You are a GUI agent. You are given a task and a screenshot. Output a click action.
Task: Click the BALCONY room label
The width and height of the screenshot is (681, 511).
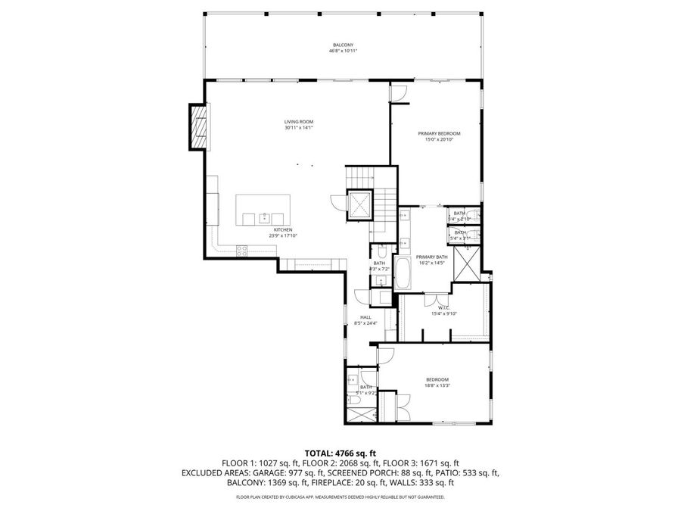coord(342,45)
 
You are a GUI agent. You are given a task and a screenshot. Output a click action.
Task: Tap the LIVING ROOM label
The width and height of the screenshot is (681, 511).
coord(299,122)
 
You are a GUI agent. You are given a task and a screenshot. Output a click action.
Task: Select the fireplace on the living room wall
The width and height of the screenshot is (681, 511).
coord(198,126)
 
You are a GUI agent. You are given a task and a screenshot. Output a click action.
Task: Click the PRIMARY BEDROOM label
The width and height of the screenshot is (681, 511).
coord(439,133)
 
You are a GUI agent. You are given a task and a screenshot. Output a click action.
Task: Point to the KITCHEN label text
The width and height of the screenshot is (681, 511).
coord(283,229)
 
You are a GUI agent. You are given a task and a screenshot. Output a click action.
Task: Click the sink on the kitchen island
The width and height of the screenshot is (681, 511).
coord(264,217)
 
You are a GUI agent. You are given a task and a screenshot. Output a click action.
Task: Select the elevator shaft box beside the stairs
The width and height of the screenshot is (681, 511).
coord(358,204)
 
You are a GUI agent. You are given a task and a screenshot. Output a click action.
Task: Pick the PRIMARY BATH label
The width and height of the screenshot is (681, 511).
coord(431,257)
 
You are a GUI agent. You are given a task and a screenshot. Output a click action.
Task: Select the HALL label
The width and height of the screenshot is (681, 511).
coord(365,317)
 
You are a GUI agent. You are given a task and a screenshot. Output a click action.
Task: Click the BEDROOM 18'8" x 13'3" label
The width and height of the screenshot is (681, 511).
coord(437,379)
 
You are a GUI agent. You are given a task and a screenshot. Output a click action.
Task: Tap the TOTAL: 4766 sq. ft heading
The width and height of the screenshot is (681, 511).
coord(340,453)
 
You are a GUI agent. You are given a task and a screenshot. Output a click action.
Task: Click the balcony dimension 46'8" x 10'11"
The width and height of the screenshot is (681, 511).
coord(342,51)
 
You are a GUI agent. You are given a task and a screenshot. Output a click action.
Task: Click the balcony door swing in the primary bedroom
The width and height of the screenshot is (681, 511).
coord(399,93)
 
